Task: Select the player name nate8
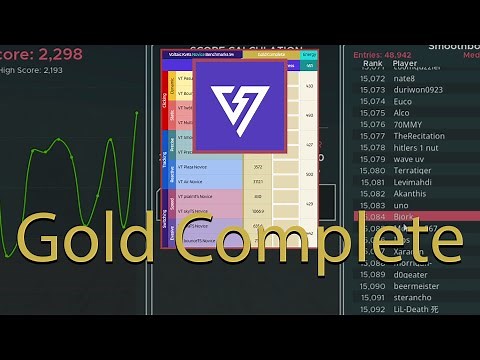[404, 78]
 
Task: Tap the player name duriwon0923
[418, 89]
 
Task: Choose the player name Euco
[403, 101]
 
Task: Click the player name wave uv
[409, 159]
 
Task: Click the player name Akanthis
[411, 194]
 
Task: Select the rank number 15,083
[372, 205]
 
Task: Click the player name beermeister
[418, 285]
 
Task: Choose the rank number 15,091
[372, 297]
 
